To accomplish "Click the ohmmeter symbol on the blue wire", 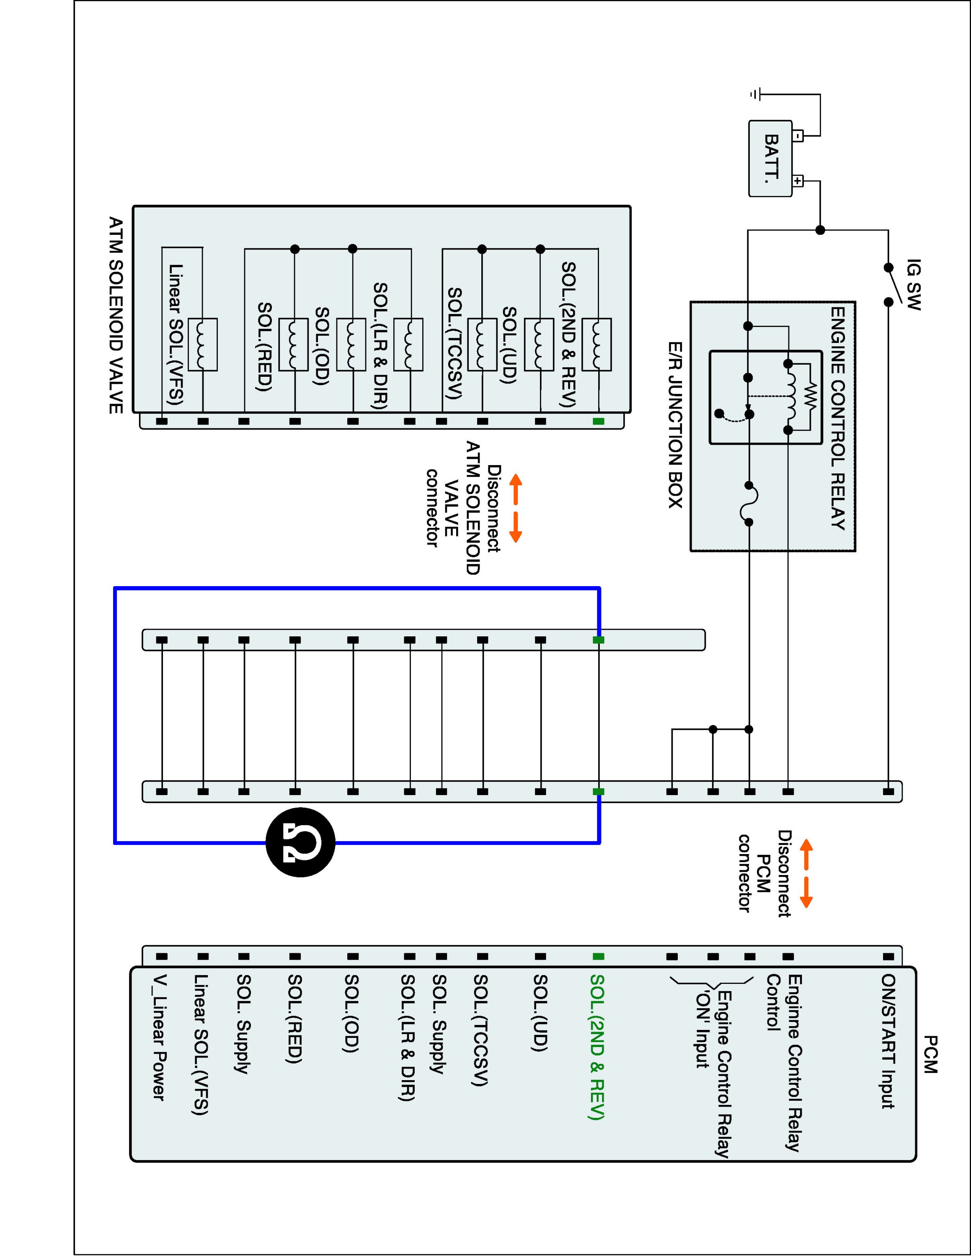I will [x=300, y=843].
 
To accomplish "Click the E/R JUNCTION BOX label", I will [x=675, y=425].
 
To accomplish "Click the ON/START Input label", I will [x=888, y=1041].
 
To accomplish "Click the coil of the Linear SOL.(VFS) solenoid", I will [x=202, y=344].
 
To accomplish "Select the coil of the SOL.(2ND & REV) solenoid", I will [x=597, y=344].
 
